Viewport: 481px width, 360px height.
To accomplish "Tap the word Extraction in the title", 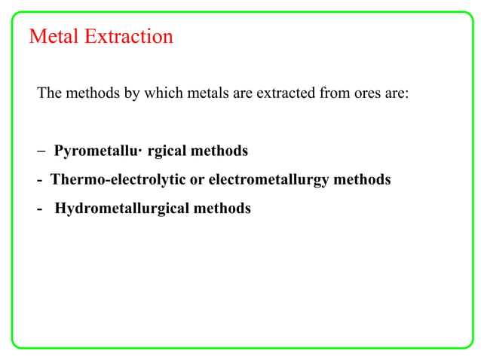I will (129, 36).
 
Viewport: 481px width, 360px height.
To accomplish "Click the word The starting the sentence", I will (49, 94).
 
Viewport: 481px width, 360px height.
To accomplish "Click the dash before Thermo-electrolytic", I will (39, 181).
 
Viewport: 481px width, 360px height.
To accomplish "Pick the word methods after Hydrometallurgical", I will (222, 209).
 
